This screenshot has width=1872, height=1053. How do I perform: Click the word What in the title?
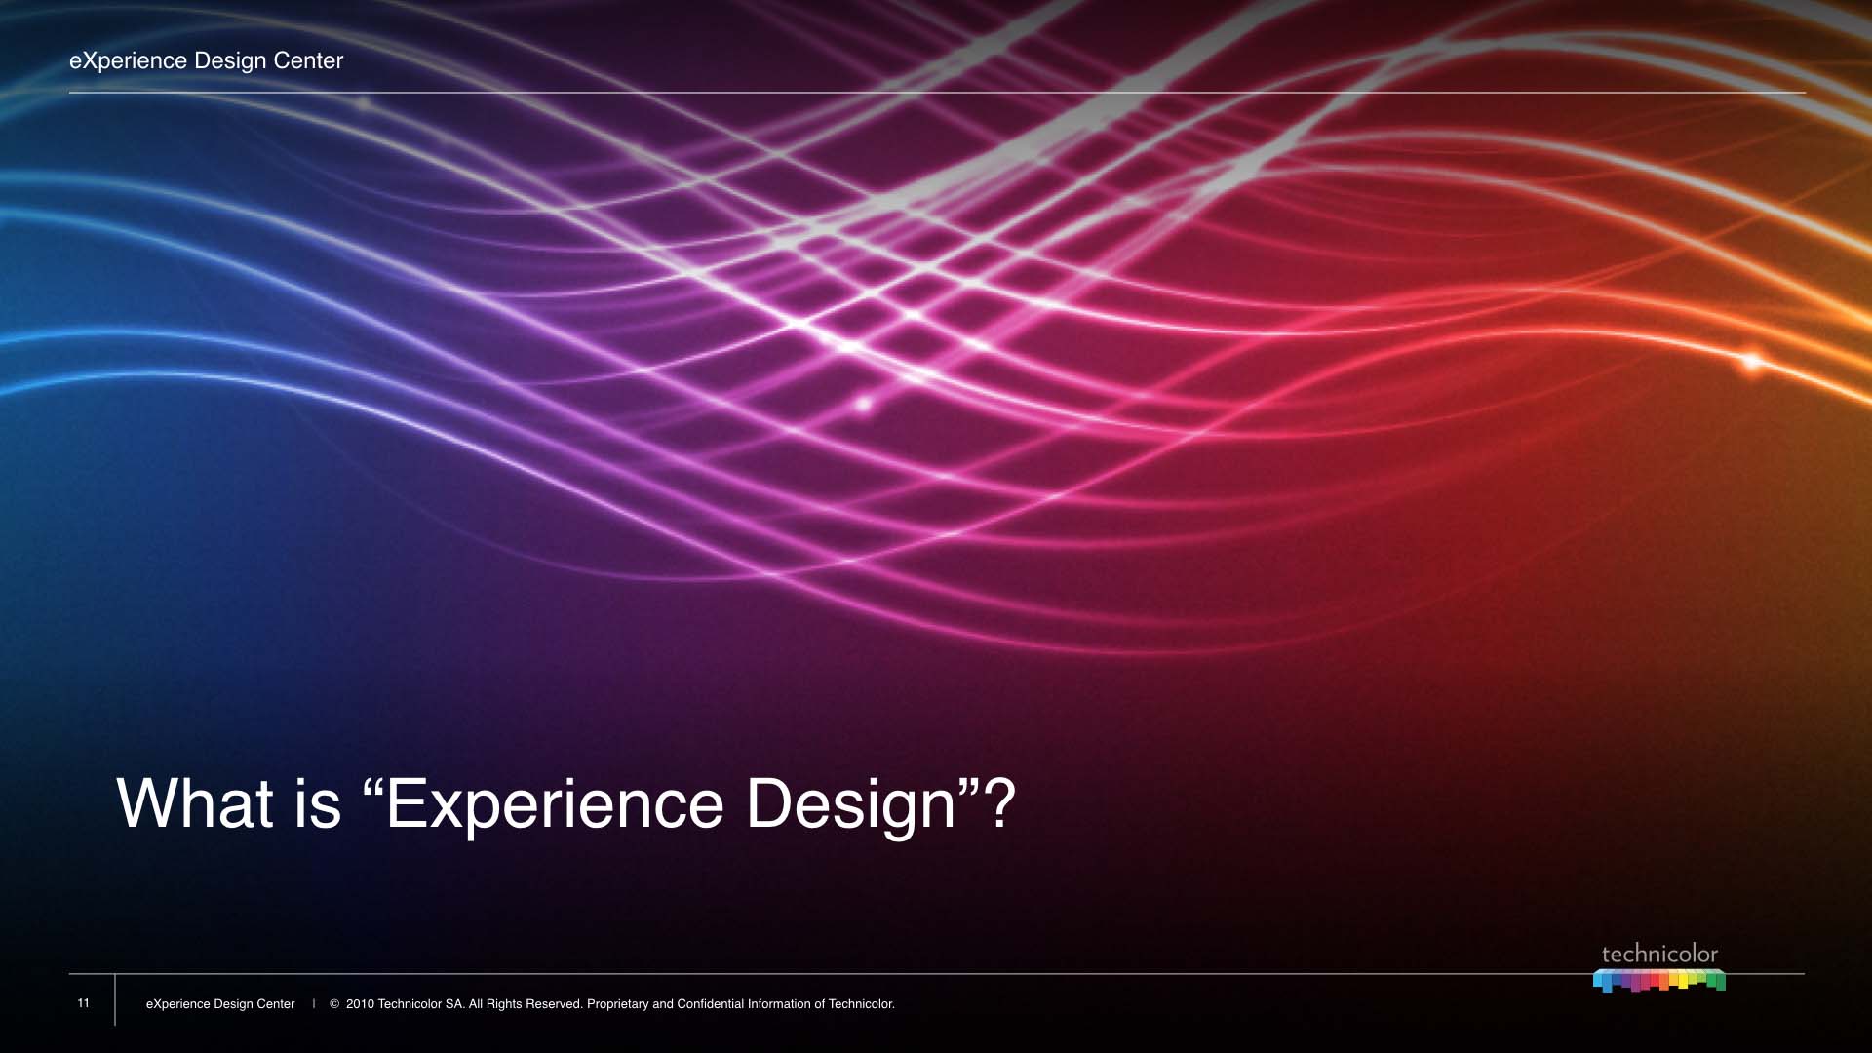[195, 803]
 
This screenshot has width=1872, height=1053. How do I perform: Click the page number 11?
[83, 1003]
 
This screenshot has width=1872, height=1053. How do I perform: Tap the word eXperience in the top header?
[128, 61]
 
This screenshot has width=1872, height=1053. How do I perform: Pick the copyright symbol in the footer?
[334, 1004]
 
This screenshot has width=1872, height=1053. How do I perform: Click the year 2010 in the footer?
[360, 1004]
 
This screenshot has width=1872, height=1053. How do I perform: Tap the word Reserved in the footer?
[554, 1004]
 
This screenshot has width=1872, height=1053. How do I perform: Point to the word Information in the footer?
[779, 1004]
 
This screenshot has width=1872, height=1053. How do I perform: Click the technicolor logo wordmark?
[1659, 955]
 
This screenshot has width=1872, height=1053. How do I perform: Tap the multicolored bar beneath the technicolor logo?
[1659, 980]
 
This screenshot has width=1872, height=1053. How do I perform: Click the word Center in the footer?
[276, 1004]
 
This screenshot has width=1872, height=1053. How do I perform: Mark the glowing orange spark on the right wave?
[1752, 362]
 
